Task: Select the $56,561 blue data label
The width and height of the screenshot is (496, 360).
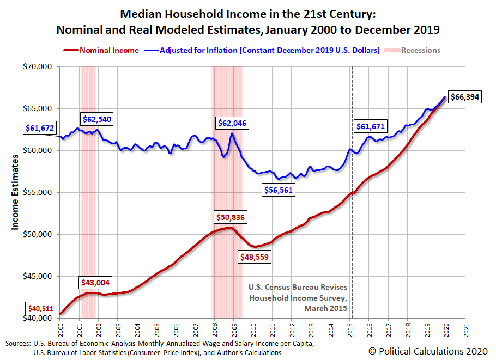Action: (281, 190)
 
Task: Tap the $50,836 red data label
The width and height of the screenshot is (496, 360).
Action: (231, 217)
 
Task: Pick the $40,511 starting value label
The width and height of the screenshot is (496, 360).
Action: (40, 308)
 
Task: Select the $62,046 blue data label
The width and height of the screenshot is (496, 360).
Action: (232, 123)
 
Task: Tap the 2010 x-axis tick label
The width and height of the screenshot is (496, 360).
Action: (253, 330)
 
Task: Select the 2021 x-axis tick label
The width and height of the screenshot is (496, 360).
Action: (466, 330)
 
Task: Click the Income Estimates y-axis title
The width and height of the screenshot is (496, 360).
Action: (16, 192)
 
